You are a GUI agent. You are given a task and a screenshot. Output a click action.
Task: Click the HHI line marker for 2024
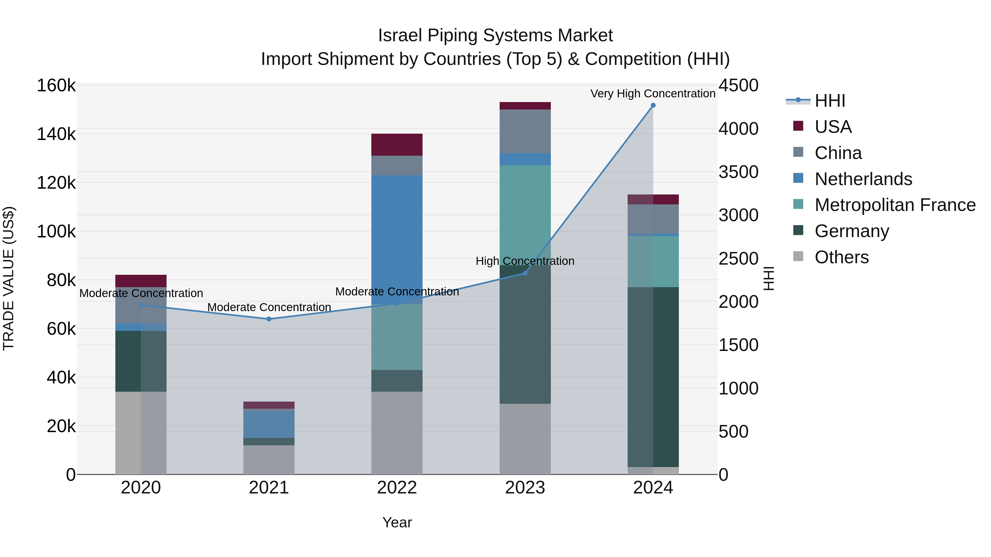[x=653, y=105]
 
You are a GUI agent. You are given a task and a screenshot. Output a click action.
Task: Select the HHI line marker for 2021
[x=269, y=319]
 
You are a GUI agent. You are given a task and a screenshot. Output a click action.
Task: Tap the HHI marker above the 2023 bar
[x=525, y=273]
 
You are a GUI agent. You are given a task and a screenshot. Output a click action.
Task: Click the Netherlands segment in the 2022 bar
[x=397, y=238]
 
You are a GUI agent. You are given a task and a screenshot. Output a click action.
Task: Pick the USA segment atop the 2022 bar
[x=397, y=144]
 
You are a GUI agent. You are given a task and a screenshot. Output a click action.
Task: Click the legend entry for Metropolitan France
[x=895, y=205]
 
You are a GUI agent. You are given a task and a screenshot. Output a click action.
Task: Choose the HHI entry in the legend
[x=830, y=101]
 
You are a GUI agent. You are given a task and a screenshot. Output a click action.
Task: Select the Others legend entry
[x=841, y=257]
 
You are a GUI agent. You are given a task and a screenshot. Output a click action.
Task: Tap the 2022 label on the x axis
[x=397, y=488]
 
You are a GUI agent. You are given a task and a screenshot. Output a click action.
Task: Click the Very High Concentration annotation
[x=653, y=94]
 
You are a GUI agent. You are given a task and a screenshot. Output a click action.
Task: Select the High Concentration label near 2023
[x=525, y=261]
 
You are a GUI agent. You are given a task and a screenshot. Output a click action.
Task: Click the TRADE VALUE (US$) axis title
[x=9, y=278]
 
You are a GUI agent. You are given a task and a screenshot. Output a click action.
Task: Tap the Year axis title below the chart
[x=397, y=522]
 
